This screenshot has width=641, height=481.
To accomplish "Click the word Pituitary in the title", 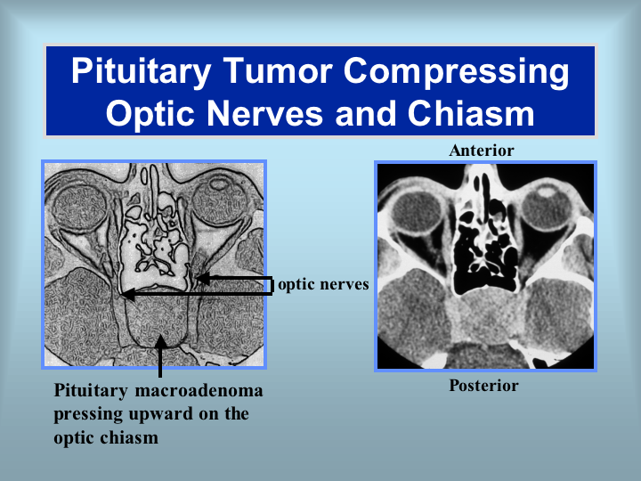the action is point(141,72).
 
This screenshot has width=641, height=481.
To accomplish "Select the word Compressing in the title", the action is point(456,72).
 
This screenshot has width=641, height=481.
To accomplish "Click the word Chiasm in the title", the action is point(471,113).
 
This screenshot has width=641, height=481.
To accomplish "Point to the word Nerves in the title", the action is point(265,113).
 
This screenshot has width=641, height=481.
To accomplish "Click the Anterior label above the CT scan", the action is point(481,151).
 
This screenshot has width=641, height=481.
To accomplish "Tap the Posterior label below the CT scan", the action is point(483,386).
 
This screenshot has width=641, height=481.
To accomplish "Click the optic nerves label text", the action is point(323,284).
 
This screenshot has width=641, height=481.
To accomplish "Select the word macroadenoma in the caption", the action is point(199,390).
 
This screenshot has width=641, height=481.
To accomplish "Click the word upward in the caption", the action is point(161,414).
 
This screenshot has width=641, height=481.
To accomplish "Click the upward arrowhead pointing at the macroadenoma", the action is point(160,341).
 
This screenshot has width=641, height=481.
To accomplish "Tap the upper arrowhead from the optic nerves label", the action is point(203,279).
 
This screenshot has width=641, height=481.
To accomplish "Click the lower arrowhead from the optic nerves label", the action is point(128,294).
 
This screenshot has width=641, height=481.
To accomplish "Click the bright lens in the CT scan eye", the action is point(546,191).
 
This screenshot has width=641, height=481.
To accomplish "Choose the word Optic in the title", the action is point(150,114).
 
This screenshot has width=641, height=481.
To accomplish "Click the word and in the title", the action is point(366,113).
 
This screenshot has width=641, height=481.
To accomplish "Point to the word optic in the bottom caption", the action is point(74,438).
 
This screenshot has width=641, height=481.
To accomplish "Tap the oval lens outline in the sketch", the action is point(220,183).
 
